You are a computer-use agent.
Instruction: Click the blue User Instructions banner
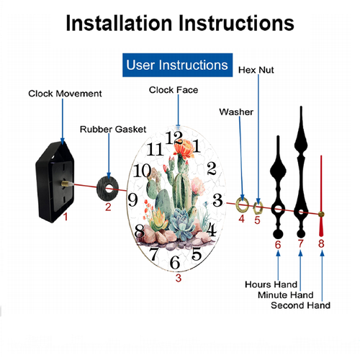tap(177, 65)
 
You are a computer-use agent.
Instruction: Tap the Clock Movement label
tap(65, 94)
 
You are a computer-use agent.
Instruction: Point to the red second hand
tap(321, 196)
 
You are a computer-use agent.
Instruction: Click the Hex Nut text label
tap(256, 70)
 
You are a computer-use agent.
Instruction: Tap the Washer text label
tap(236, 112)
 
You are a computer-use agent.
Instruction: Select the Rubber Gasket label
tap(113, 130)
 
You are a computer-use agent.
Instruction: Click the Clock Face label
tap(174, 90)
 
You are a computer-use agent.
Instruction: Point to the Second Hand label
tap(300, 305)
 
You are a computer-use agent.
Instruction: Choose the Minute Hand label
tap(286, 294)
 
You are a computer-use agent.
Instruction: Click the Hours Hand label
tap(271, 284)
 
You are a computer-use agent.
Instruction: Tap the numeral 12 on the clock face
tap(174, 138)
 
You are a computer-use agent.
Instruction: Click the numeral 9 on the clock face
tap(132, 199)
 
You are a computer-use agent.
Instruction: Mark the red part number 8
tap(321, 243)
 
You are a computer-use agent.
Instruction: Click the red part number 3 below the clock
tap(179, 278)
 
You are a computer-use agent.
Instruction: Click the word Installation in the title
tap(119, 23)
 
